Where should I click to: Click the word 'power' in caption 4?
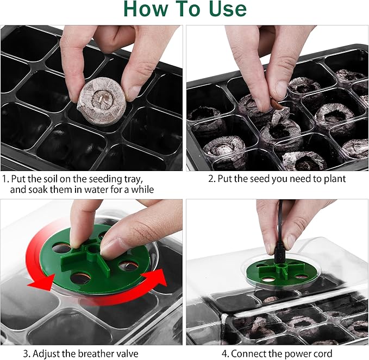click(x=287, y=353)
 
